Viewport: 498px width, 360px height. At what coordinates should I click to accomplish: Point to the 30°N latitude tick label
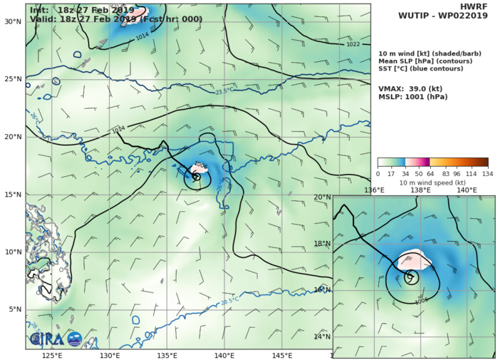12,22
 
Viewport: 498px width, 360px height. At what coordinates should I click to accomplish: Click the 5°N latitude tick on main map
14,309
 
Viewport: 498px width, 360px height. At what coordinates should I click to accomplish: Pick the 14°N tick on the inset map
322,336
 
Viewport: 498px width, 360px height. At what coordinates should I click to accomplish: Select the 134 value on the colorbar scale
487,173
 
